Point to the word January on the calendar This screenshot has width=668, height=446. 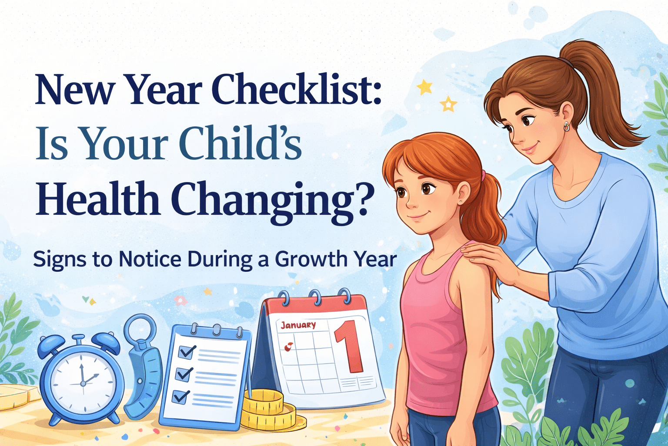tap(298, 325)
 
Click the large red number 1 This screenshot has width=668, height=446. tap(348, 347)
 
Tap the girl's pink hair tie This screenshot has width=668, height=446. tap(484, 176)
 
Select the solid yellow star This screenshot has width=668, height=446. tap(424, 87)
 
